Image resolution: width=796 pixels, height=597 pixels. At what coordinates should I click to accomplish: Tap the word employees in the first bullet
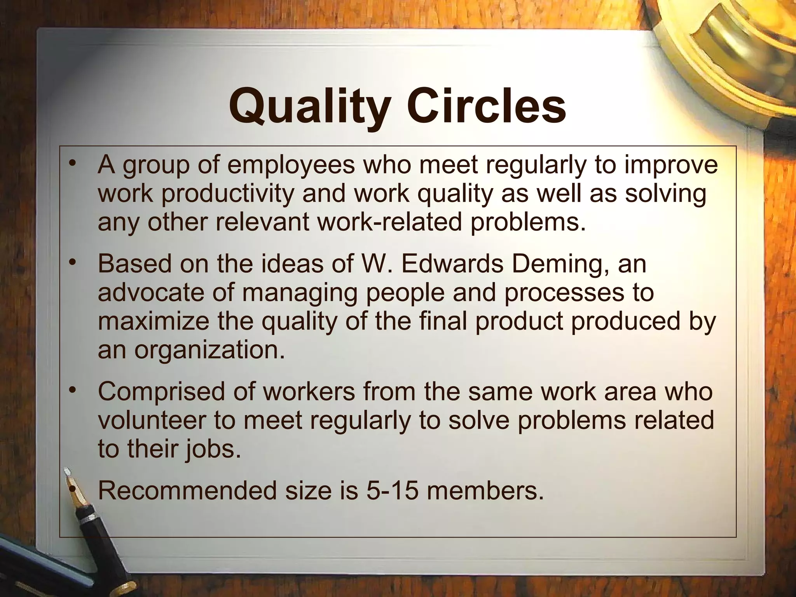[x=291, y=165]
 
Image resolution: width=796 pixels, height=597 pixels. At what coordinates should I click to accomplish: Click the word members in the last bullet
[x=484, y=491]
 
